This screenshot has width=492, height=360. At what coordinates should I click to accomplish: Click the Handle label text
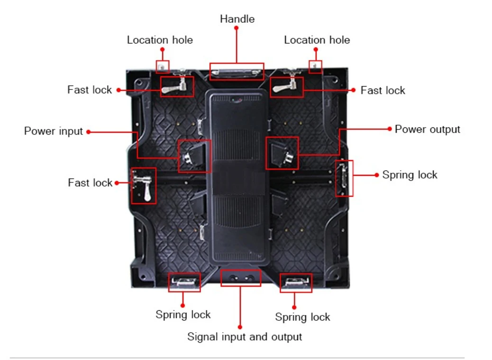tap(237, 19)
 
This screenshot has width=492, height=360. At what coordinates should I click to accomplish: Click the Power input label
tap(54, 131)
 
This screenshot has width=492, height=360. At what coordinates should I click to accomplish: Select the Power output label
tap(428, 129)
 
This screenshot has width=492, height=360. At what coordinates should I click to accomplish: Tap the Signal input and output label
tap(245, 337)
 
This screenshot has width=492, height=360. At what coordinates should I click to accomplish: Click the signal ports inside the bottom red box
tap(241, 278)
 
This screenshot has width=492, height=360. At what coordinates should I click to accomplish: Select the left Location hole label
tap(160, 40)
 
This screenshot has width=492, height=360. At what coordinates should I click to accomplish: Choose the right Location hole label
tap(317, 40)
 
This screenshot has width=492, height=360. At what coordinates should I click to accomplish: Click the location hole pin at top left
tap(162, 67)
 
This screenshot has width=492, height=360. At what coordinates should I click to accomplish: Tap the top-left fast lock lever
tap(175, 86)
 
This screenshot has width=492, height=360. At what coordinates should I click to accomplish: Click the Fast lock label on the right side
tap(383, 90)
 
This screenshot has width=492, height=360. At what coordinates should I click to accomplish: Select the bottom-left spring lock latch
tap(184, 282)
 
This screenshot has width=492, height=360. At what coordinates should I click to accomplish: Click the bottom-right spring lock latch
tap(296, 282)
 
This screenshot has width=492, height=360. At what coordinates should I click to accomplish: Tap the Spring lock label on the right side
tap(410, 175)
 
